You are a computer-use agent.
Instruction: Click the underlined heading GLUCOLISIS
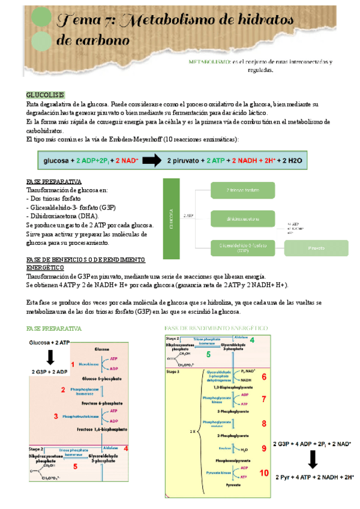pos(46,95)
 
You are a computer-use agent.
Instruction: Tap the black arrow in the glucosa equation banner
pos(152,160)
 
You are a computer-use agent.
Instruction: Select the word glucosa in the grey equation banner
pos(57,161)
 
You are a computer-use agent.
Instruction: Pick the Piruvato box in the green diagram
pos(316,247)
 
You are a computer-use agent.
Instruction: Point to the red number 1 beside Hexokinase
pos(73,364)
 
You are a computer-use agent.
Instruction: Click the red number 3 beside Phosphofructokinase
pos(56,416)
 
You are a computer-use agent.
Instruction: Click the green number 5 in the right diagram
pos(208,355)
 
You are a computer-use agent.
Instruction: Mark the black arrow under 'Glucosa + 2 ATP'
pos(51,357)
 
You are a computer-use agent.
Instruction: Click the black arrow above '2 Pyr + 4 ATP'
pos(313,460)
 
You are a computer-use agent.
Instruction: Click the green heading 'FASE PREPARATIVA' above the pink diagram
pos(54,329)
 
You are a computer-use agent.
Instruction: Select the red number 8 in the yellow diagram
pos(264,423)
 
